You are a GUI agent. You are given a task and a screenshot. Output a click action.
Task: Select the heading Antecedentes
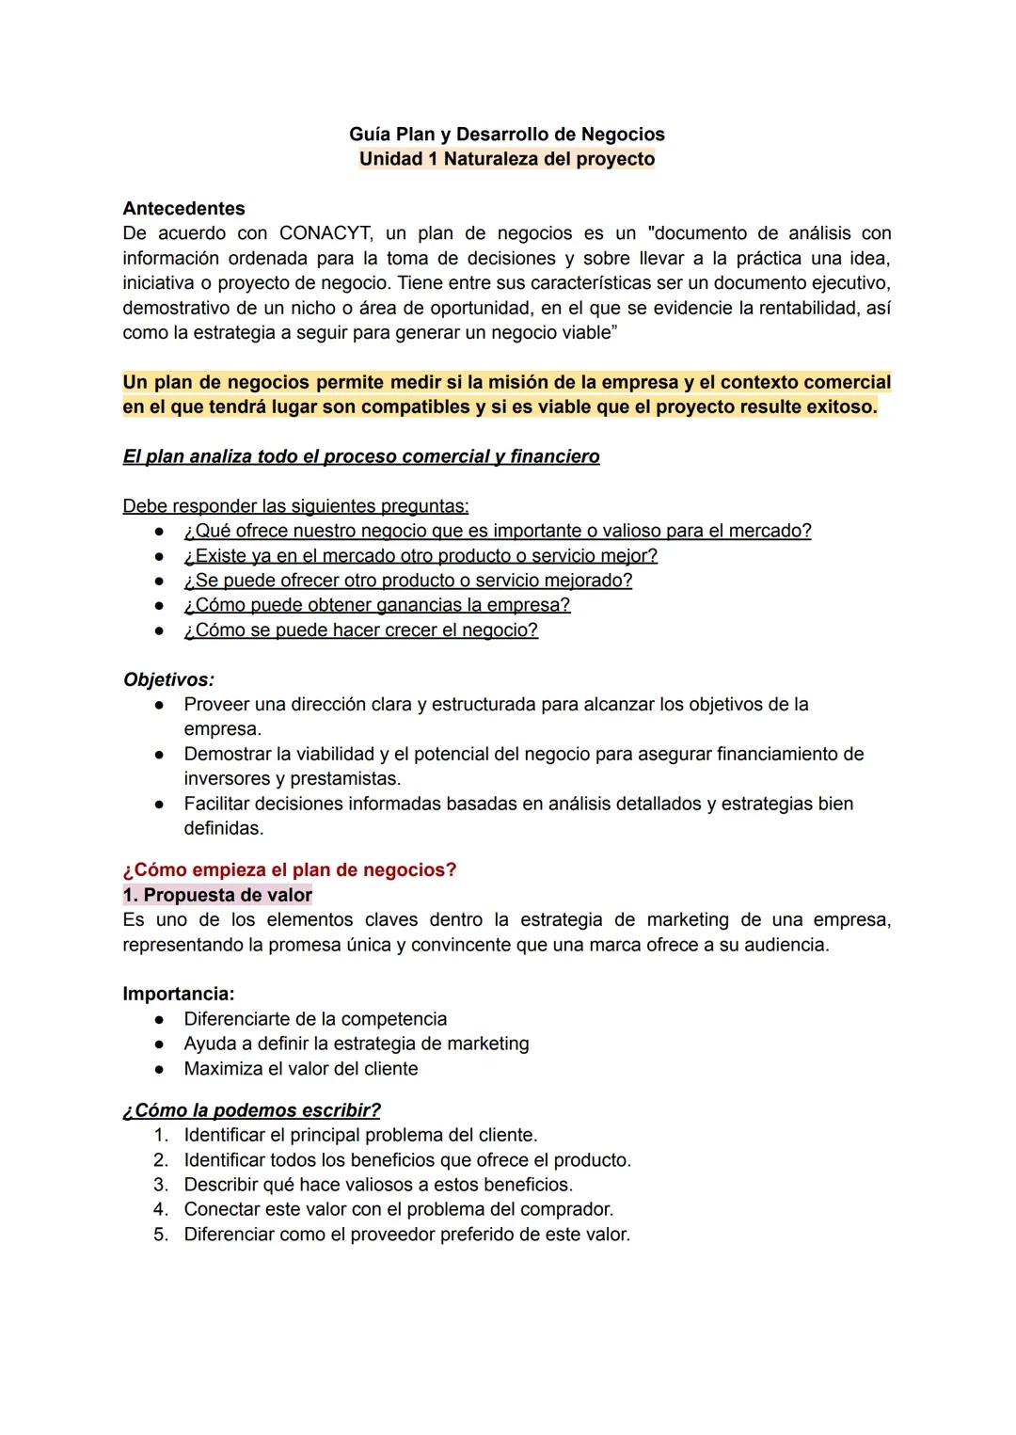tap(183, 209)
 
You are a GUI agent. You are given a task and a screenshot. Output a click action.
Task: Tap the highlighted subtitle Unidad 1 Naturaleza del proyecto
tap(507, 159)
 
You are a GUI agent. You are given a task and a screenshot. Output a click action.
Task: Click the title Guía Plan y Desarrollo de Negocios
tap(507, 135)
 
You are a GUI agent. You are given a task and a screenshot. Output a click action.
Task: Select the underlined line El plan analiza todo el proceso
tap(360, 457)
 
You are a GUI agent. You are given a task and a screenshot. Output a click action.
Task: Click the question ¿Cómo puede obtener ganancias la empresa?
tap(376, 605)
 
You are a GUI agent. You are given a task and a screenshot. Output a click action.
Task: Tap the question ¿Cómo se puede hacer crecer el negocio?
tap(360, 630)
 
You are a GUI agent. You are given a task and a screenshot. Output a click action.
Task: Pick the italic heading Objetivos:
tap(168, 679)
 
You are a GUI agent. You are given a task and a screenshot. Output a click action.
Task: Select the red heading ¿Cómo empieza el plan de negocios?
tap(289, 870)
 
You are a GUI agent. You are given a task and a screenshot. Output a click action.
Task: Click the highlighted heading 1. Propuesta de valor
tap(217, 895)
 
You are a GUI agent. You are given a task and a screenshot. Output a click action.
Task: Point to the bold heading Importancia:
tap(179, 994)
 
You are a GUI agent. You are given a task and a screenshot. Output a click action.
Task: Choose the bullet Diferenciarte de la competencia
tap(315, 1019)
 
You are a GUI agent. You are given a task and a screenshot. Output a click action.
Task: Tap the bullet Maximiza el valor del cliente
tap(300, 1069)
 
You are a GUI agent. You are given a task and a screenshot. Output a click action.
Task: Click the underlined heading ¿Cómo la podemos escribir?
tap(251, 1110)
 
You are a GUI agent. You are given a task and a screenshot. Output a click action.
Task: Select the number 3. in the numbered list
tap(161, 1185)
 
